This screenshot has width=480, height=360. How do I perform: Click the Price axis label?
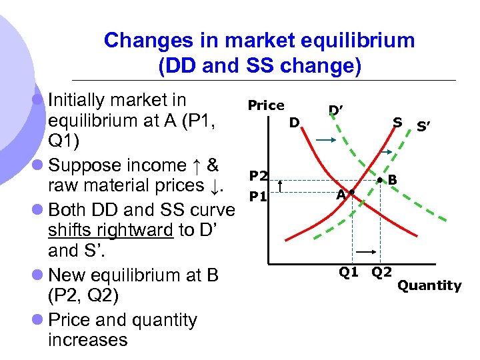click(x=265, y=105)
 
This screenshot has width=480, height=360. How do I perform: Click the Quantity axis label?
click(x=429, y=285)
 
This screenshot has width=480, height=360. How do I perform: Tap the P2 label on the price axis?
click(x=258, y=176)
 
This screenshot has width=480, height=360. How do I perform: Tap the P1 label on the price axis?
click(x=258, y=197)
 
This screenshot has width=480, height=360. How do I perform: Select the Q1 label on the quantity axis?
click(x=349, y=271)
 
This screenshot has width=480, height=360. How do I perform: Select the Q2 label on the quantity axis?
click(x=381, y=271)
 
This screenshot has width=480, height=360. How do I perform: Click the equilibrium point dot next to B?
click(x=379, y=180)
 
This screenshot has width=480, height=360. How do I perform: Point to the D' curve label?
click(x=336, y=109)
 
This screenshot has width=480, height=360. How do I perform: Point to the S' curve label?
click(x=423, y=125)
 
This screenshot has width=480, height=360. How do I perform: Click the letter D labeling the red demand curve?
click(x=293, y=123)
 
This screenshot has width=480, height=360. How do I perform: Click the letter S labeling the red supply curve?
click(x=397, y=122)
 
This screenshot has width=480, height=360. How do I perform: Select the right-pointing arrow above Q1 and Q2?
click(x=365, y=253)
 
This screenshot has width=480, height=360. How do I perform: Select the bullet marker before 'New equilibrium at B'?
click(x=39, y=275)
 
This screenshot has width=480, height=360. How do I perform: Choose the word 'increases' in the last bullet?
click(x=87, y=339)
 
